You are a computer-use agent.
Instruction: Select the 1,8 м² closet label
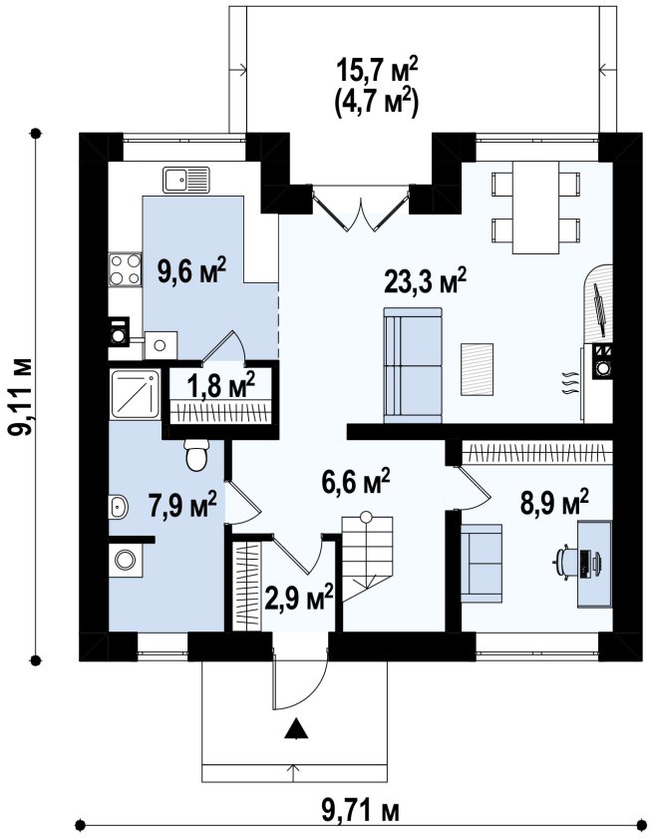(221, 386)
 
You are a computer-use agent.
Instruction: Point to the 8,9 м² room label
(554, 503)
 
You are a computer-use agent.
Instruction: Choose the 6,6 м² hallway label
(355, 482)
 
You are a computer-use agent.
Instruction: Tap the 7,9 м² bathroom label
(183, 504)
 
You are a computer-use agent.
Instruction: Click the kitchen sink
(186, 180)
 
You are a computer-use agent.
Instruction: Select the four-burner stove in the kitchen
(126, 270)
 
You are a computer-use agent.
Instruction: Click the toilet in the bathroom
(195, 455)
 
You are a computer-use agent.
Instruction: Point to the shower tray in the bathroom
(135, 394)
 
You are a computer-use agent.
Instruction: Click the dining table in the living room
(535, 208)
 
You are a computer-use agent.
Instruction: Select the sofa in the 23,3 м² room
(413, 365)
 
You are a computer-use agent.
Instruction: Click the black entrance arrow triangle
(296, 729)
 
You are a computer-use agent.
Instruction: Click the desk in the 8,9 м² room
(594, 564)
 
